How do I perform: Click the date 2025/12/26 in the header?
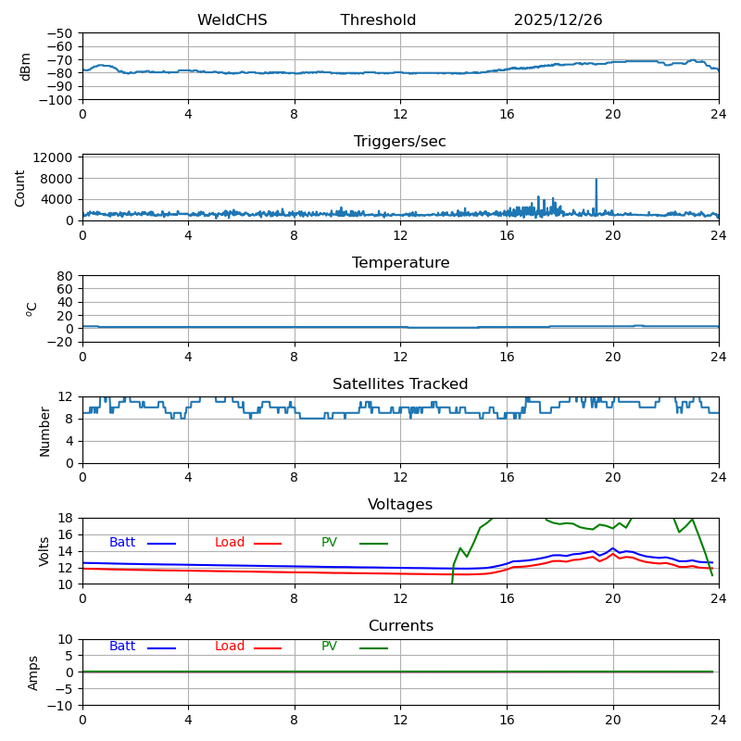click(558, 20)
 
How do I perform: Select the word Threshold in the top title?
click(378, 20)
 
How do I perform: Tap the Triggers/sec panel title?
click(400, 142)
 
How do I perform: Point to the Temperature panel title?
click(400, 263)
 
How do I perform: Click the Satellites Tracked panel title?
click(400, 384)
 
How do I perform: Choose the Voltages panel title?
click(400, 505)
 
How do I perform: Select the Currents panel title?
click(400, 626)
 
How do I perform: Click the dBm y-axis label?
click(26, 67)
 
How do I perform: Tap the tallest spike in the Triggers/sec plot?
click(596, 181)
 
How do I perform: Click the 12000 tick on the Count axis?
click(57, 158)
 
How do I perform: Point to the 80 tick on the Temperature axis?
click(66, 276)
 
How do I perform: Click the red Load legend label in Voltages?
click(230, 543)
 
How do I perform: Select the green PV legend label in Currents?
click(329, 647)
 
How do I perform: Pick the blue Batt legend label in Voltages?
click(122, 543)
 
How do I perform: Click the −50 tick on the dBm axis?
click(60, 33)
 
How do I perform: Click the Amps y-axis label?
click(33, 672)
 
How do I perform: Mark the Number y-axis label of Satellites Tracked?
click(44, 431)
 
